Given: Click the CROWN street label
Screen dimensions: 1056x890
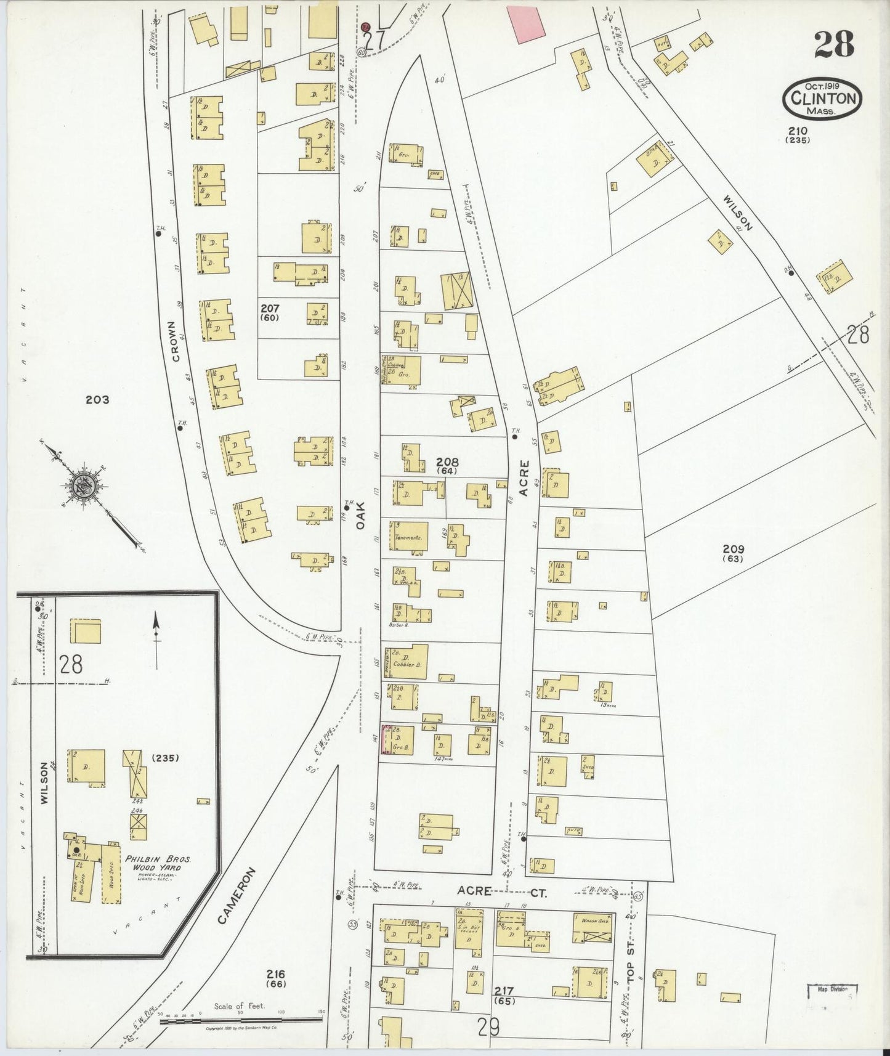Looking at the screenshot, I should coord(176,341).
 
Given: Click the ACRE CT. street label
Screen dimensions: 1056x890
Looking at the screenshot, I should coord(500,891).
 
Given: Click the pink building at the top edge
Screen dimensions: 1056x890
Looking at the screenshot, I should coord(526,23).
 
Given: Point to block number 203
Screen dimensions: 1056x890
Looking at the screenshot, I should coord(97,400).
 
